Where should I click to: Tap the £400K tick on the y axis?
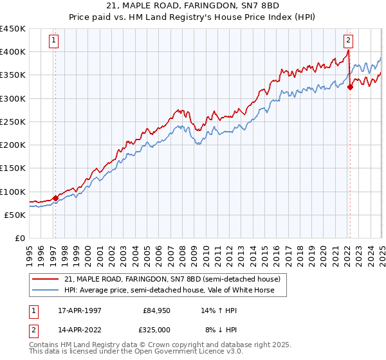coord(13,51)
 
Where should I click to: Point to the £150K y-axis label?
coord(13,168)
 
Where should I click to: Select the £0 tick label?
coord(19,239)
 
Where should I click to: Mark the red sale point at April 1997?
coord(55,199)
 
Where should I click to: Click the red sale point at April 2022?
coord(350,87)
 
